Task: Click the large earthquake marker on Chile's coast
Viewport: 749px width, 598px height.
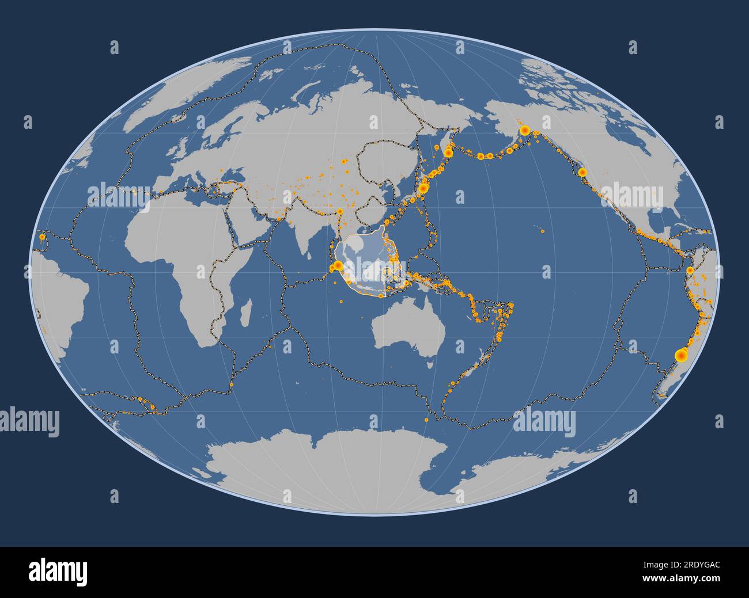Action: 680,355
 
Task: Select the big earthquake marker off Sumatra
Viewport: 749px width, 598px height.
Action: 338,266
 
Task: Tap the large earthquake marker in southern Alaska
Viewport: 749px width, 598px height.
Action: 525,131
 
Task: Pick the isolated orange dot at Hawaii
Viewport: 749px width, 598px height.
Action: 543,231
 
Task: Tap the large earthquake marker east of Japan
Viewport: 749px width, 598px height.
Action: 423,188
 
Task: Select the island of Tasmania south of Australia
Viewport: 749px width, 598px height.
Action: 430,364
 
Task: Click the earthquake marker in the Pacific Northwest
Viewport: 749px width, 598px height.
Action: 582,172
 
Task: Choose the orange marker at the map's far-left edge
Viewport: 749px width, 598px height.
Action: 41,236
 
